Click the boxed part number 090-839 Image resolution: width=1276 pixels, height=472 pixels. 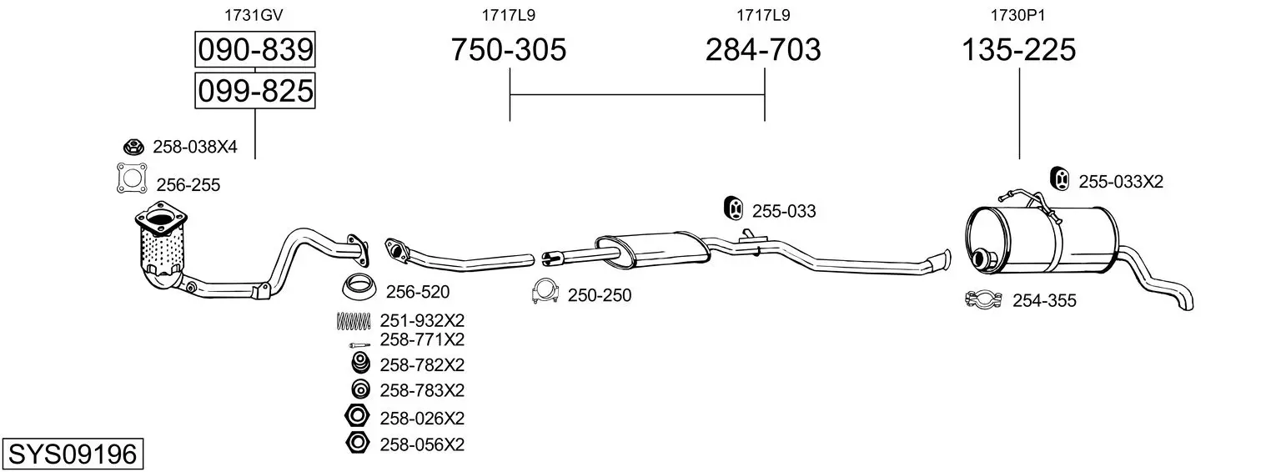(x=255, y=49)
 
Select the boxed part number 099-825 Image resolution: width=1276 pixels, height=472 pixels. (x=255, y=91)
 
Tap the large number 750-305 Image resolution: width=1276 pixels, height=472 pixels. (x=509, y=49)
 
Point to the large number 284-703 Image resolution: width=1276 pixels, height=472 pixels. (x=763, y=49)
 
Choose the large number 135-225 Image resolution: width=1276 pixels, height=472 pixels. (x=1018, y=49)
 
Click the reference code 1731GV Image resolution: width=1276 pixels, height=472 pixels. (x=254, y=15)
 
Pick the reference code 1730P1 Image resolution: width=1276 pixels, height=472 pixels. (x=1017, y=15)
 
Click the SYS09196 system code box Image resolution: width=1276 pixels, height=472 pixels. (x=73, y=454)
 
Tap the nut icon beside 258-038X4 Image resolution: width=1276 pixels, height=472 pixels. (x=133, y=147)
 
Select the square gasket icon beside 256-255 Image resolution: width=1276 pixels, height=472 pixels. (x=132, y=178)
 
